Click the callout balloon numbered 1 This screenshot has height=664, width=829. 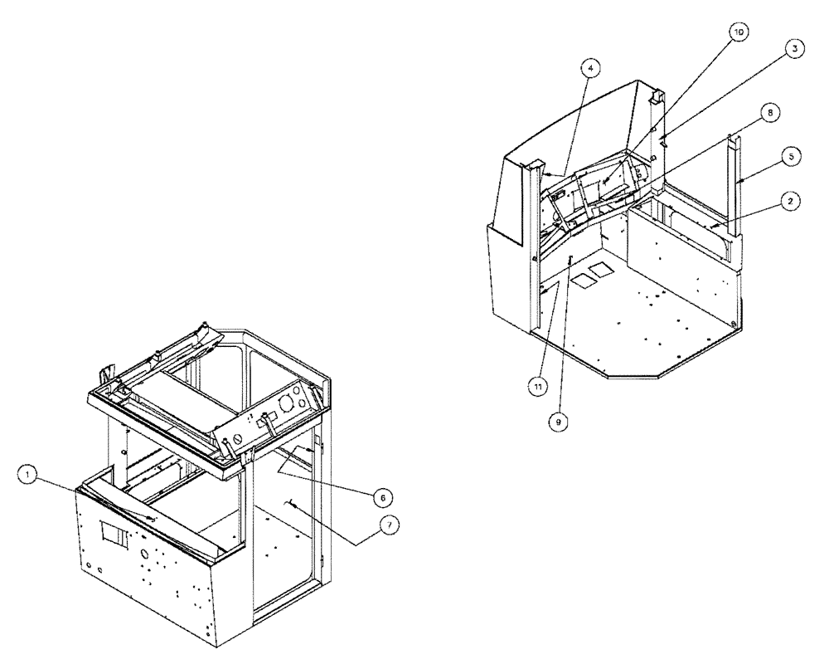pos(28,474)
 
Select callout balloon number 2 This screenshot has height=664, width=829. pos(793,202)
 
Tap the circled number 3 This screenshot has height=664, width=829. pos(793,49)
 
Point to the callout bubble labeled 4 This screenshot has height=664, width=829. pos(587,69)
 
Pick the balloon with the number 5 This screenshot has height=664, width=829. pos(793,155)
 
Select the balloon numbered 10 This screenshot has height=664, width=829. pos(737,31)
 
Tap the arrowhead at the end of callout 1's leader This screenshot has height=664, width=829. pos(153,520)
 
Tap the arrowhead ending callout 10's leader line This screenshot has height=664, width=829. pos(604,184)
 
